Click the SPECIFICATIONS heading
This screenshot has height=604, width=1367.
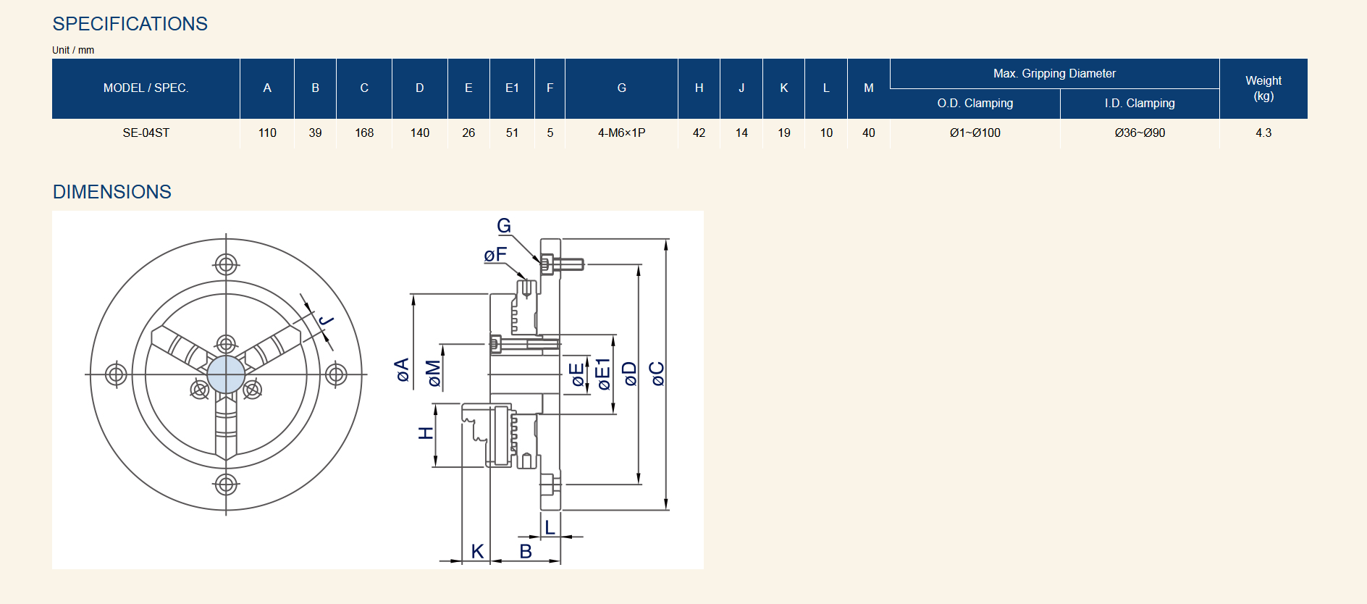[130, 24]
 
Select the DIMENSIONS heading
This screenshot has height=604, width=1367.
[112, 192]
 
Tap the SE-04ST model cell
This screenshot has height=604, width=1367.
[146, 133]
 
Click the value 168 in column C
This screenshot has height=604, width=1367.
[364, 133]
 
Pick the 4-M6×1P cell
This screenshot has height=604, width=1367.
[621, 133]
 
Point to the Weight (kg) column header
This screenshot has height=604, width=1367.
[1263, 88]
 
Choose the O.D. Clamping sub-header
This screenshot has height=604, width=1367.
[975, 103]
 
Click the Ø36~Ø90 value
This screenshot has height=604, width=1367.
[1140, 133]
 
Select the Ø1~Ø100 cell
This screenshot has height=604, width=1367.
[975, 133]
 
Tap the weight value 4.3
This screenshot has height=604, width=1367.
[1263, 133]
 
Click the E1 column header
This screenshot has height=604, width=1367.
[512, 88]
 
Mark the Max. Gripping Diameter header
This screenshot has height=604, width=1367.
[1054, 73]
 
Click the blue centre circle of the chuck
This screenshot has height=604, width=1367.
[226, 374]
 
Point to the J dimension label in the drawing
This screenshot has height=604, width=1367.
[326, 320]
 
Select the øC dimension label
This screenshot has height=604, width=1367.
[656, 374]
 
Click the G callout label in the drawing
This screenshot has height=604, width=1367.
[504, 226]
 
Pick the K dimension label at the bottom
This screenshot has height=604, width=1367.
[477, 551]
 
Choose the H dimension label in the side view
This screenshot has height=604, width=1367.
[426, 433]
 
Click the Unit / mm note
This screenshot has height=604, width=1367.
[73, 50]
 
